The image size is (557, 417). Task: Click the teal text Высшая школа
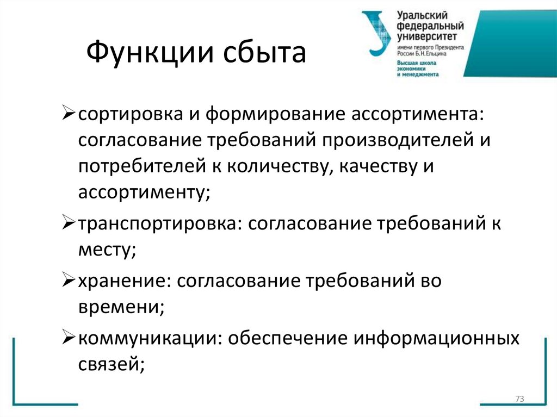pos(417,63)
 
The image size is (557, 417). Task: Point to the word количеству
pos(276,166)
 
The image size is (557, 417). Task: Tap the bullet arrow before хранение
pos(69,282)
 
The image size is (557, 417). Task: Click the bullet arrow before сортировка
pos(69,115)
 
